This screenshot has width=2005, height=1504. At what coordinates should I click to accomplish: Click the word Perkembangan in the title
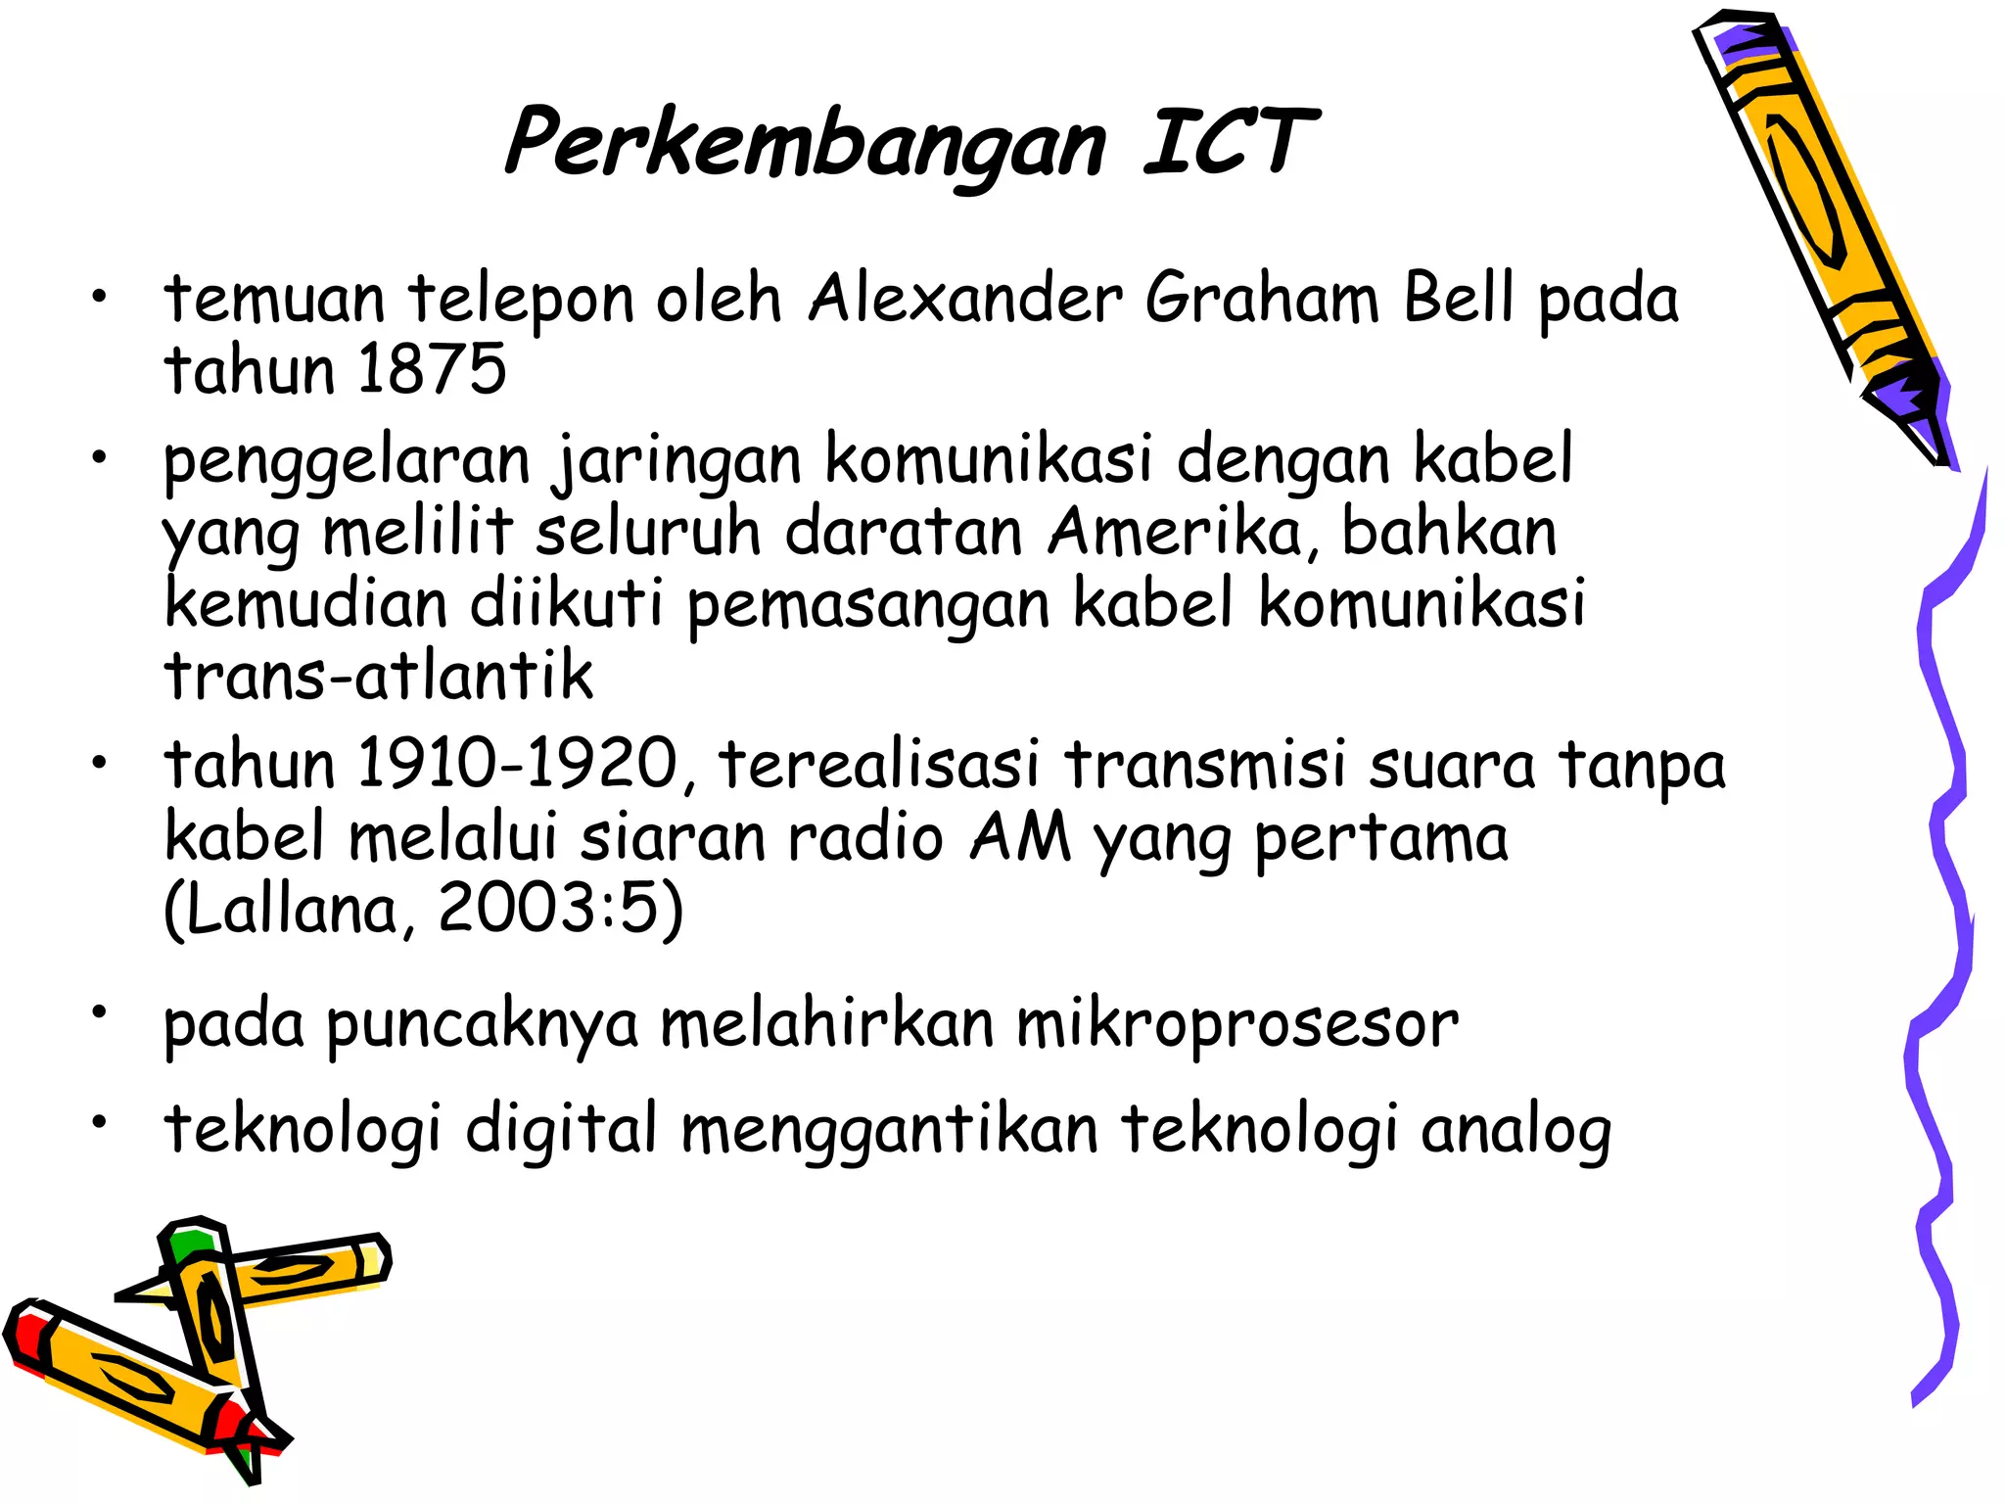pos(805,145)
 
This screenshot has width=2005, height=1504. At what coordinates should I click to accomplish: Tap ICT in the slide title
pos(1230,143)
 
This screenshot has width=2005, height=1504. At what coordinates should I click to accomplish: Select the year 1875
pos(432,369)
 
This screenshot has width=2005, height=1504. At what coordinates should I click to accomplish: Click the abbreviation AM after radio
pos(1020,837)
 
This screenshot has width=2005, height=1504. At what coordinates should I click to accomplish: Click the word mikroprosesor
pos(1236,1024)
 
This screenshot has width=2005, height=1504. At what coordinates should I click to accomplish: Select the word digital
pos(561,1130)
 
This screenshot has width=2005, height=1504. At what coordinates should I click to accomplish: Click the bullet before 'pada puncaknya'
pos(98,1010)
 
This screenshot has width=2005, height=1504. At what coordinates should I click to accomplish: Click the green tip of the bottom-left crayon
pos(190,1243)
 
